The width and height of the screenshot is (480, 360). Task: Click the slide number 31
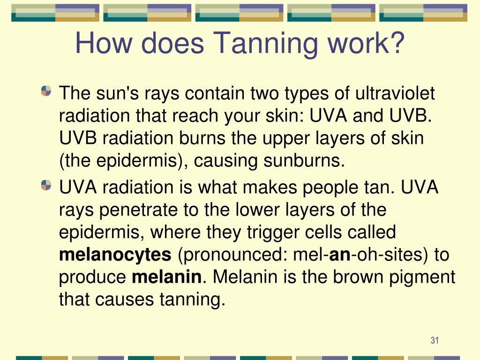pyautogui.click(x=434, y=340)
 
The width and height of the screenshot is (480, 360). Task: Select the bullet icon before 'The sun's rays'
pyautogui.click(x=46, y=91)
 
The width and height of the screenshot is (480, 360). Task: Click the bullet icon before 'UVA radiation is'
pyautogui.click(x=46, y=185)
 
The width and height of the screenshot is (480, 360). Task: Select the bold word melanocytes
pyautogui.click(x=115, y=255)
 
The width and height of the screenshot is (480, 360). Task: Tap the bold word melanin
pyautogui.click(x=166, y=277)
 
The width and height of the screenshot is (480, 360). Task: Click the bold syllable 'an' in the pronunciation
pyautogui.click(x=340, y=255)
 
